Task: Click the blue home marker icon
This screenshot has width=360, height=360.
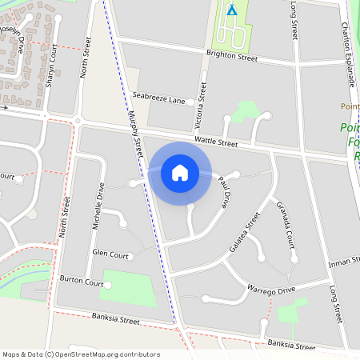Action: click(180, 173)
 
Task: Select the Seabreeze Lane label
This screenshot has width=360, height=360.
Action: click(159, 101)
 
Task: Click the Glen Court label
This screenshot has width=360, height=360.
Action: click(110, 254)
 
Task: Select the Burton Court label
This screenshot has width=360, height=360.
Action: click(82, 282)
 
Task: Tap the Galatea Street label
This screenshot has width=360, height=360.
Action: click(245, 233)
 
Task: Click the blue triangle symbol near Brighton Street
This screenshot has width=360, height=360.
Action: click(232, 10)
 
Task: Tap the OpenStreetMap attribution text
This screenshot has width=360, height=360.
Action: click(80, 354)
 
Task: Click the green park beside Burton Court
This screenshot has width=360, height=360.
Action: click(128, 288)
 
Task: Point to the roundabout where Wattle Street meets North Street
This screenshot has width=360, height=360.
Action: click(78, 121)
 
